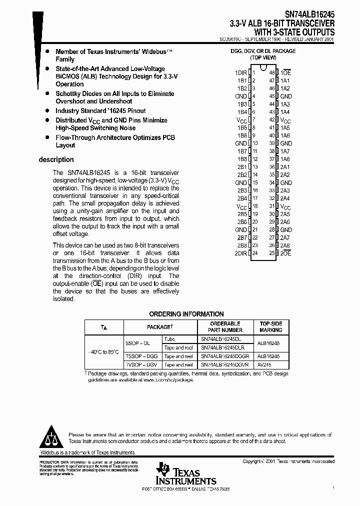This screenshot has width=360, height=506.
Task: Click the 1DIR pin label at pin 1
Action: (241, 72)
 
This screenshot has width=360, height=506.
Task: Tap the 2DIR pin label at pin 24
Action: (241, 253)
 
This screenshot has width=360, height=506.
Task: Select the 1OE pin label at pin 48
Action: (285, 72)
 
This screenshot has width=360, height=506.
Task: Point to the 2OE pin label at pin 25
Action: (285, 253)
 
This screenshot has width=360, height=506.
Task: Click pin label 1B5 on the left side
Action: (242, 127)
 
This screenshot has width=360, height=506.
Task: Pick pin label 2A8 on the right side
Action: (285, 245)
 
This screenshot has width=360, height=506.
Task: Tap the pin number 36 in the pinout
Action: (272, 167)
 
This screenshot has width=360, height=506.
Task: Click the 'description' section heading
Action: (56, 160)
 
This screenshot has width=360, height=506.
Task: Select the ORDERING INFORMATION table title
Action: (186, 314)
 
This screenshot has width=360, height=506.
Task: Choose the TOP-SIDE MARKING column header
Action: (271, 327)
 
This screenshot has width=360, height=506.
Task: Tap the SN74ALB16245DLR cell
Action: (222, 347)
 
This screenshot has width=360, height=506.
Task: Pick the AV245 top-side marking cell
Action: (265, 365)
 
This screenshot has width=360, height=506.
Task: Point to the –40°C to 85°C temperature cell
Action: (104, 352)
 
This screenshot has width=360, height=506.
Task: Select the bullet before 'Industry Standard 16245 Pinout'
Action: (47, 111)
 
